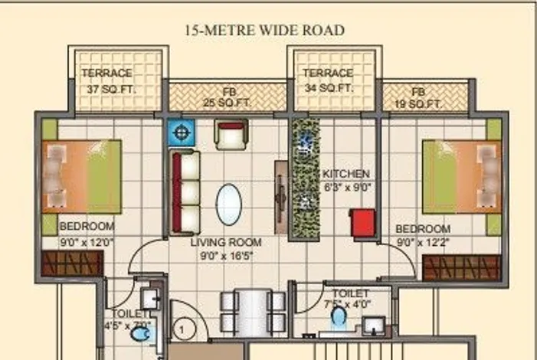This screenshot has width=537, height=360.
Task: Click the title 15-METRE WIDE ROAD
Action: tap(265, 30)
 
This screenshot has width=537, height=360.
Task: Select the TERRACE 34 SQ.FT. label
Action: tap(328, 80)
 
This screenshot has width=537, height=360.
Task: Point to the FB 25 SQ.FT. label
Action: tap(227, 97)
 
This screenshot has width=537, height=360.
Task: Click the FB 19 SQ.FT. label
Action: tap(418, 98)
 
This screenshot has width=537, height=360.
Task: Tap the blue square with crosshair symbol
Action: tap(181, 133)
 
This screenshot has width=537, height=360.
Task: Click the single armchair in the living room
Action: tap(231, 135)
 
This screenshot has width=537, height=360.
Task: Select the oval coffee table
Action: tap(229, 205)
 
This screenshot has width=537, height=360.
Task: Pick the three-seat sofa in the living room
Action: tap(185, 193)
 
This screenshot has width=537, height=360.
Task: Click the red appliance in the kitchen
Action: tap(362, 223)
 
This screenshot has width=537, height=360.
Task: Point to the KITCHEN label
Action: tap(346, 174)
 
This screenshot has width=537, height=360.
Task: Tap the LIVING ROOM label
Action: tap(226, 243)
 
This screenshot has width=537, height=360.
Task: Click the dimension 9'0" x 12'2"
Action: tap(423, 243)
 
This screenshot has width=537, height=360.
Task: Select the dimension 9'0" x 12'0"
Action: tap(87, 243)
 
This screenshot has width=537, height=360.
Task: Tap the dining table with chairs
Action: tap(253, 313)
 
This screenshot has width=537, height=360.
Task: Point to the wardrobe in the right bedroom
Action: tap(461, 267)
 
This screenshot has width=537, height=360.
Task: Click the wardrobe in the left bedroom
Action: tap(72, 263)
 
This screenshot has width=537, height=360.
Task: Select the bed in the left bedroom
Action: tap(81, 177)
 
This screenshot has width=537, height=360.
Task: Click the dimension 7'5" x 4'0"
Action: tap(347, 304)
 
